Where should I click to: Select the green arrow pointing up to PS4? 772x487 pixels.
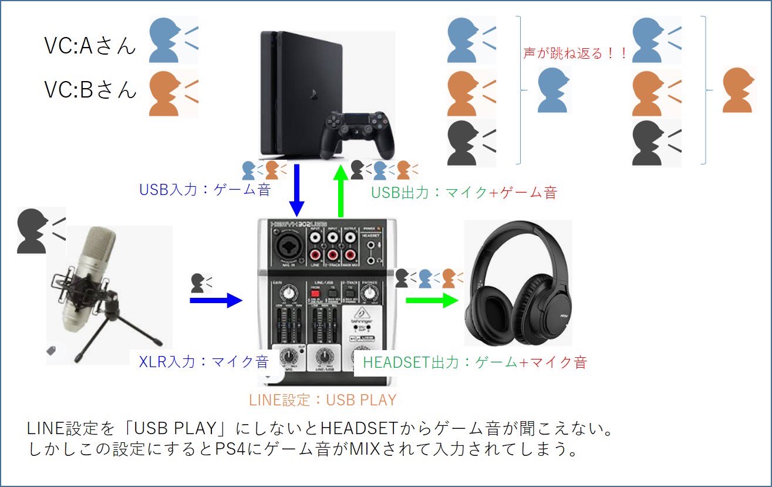[x=340, y=191]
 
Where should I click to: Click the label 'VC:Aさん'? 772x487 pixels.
[x=90, y=45]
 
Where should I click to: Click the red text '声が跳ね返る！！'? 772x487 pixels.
[x=575, y=53]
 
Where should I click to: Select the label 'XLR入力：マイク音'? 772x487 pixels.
[x=203, y=361]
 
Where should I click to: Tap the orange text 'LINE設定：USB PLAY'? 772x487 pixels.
[x=322, y=400]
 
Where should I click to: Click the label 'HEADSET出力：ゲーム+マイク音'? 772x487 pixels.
[x=474, y=362]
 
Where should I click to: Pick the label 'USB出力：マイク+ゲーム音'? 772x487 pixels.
[x=463, y=192]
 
